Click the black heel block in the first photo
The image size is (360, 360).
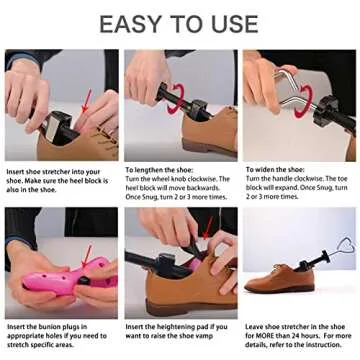click(50, 120)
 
